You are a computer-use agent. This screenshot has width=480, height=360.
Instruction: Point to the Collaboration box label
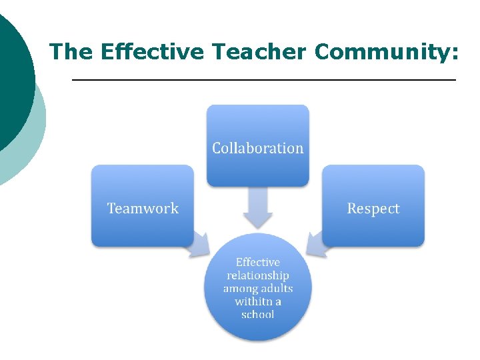[x=257, y=148]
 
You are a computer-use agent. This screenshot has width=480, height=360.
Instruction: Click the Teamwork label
[x=143, y=209]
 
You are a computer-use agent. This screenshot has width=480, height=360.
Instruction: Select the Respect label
[x=373, y=209]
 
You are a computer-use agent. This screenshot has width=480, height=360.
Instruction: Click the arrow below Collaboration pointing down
[x=257, y=207]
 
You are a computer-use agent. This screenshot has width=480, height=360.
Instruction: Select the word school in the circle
[x=258, y=314]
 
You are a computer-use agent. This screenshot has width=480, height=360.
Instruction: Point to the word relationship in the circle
[x=258, y=275]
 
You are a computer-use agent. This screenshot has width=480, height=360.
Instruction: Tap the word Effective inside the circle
[x=258, y=263]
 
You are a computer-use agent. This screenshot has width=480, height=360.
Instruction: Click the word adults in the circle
[x=275, y=289]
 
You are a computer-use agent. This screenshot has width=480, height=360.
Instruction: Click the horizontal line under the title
[x=263, y=80]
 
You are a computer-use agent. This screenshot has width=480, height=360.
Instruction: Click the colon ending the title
[x=455, y=53]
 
